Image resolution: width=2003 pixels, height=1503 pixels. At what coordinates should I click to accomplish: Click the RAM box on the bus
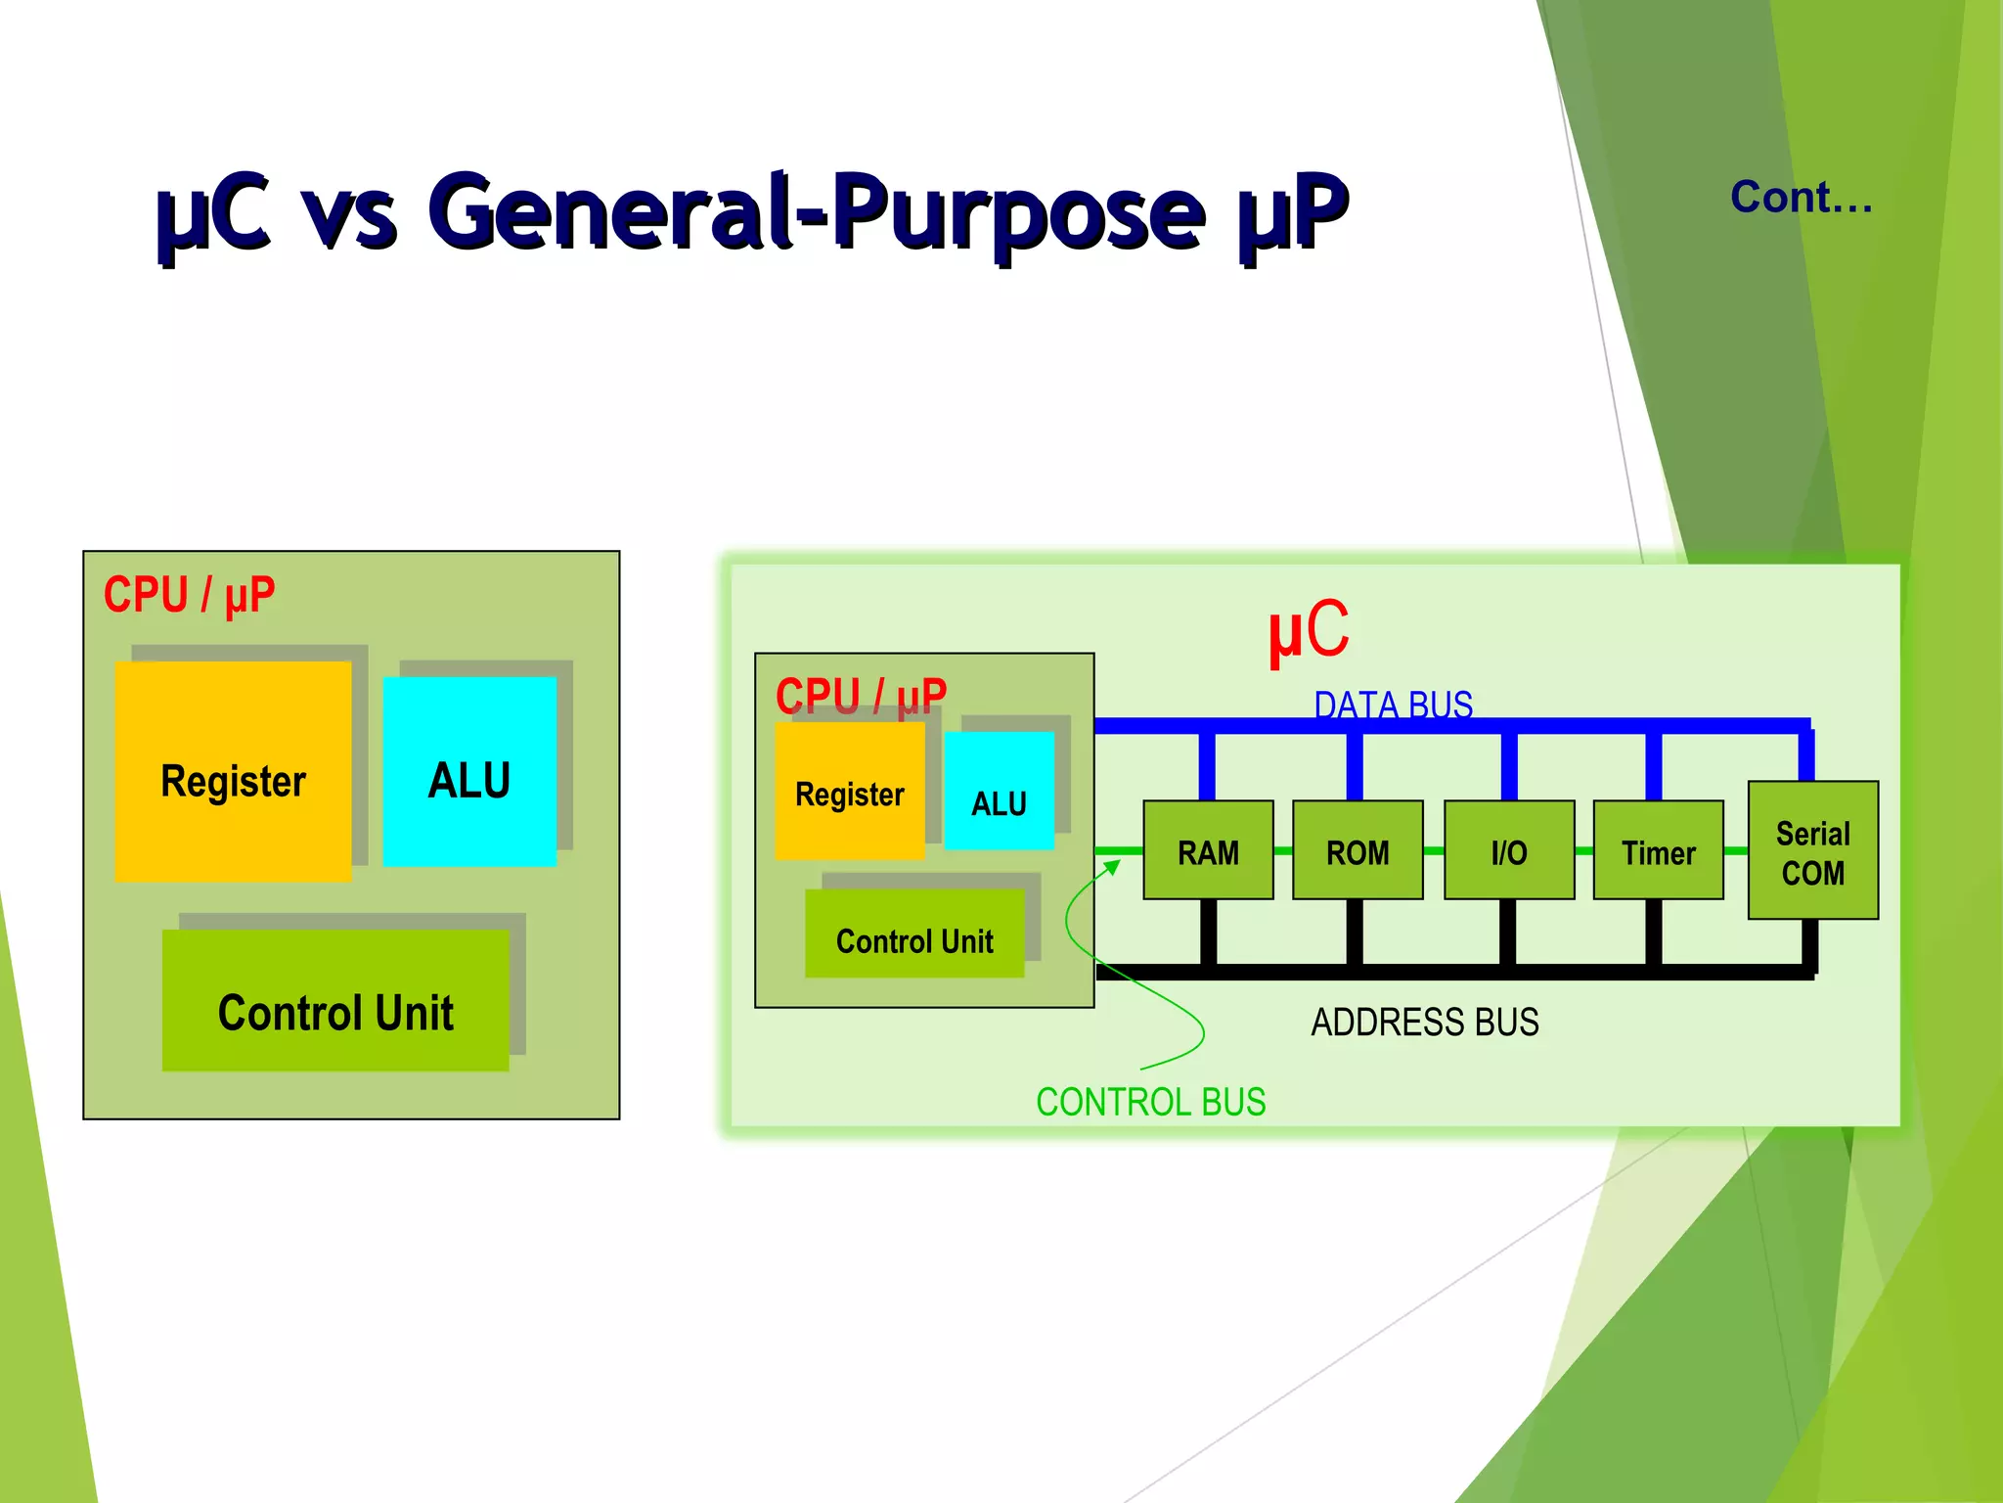[1208, 850]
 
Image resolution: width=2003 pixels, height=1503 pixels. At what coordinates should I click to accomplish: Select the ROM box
[1358, 850]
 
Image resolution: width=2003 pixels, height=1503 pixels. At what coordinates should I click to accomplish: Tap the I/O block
[1509, 850]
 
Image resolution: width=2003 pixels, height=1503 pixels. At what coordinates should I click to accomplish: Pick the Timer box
[1658, 850]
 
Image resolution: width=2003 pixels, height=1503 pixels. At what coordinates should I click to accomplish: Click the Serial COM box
[1812, 850]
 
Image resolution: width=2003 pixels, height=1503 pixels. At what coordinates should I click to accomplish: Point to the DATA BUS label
[1393, 705]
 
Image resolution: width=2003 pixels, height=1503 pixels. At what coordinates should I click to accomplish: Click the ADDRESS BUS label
[1424, 1022]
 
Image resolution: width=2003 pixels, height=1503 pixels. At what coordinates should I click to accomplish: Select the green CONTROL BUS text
[1150, 1102]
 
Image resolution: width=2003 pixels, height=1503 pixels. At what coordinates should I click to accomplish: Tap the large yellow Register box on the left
[233, 772]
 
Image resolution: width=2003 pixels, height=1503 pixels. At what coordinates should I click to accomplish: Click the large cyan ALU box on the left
[469, 772]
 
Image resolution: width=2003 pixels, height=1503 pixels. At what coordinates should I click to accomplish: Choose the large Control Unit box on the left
[335, 1000]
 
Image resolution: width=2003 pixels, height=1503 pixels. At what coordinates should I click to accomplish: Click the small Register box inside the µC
[849, 792]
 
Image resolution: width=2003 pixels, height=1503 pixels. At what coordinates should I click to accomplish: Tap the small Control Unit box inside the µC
[913, 934]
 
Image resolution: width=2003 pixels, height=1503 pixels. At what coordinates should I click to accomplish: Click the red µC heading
[1308, 631]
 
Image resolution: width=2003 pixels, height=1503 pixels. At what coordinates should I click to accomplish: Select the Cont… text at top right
[1801, 198]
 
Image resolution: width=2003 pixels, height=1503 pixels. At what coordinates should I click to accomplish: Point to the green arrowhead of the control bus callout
[1112, 867]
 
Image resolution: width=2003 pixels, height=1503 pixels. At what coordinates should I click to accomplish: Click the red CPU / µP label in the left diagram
[189, 595]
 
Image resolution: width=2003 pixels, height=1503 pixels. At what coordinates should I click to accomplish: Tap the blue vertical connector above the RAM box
[1207, 766]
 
